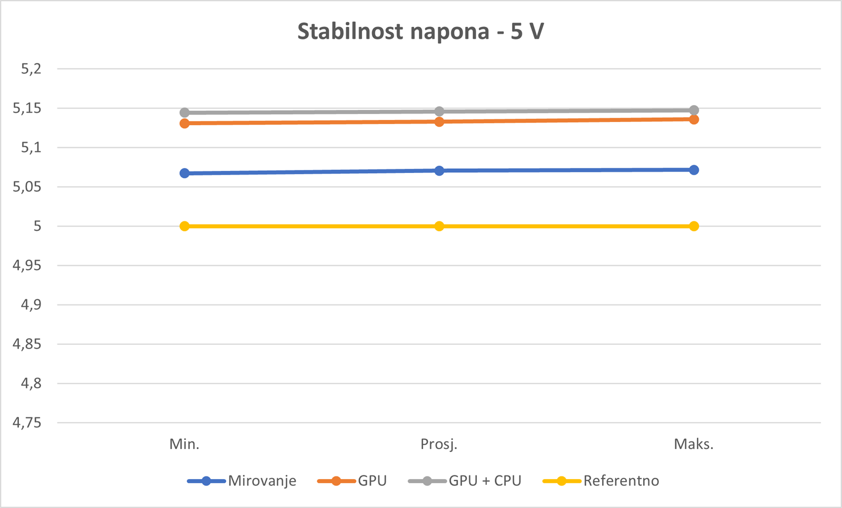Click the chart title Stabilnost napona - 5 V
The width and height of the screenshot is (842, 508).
pyautogui.click(x=420, y=32)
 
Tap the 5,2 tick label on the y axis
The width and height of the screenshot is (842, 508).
pyautogui.click(x=31, y=69)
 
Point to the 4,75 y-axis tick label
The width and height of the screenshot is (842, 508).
pyautogui.click(x=27, y=423)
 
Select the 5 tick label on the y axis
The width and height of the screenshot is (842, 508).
pyautogui.click(x=37, y=226)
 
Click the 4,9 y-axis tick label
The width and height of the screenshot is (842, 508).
pyautogui.click(x=31, y=305)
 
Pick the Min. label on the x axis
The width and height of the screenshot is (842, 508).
pyautogui.click(x=184, y=444)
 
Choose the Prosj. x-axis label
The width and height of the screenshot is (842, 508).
pyautogui.click(x=439, y=444)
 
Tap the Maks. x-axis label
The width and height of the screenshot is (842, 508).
pyautogui.click(x=694, y=444)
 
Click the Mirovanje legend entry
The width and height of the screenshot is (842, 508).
pyautogui.click(x=262, y=481)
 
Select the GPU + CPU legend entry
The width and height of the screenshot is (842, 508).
pyautogui.click(x=485, y=481)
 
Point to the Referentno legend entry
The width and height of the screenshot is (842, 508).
pyautogui.click(x=621, y=481)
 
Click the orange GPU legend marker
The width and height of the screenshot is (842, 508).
pyautogui.click(x=336, y=481)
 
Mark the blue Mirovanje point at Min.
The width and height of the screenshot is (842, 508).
pyautogui.click(x=185, y=173)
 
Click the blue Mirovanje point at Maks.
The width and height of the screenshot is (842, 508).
pyautogui.click(x=694, y=170)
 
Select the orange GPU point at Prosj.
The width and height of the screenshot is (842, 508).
pyautogui.click(x=439, y=122)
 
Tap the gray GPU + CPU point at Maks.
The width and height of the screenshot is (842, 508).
pyautogui.click(x=694, y=110)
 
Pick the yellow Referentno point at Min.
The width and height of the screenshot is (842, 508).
pyautogui.click(x=185, y=226)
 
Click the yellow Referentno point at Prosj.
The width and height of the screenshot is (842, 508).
pyautogui.click(x=439, y=226)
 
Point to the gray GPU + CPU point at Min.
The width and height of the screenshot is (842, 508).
pyautogui.click(x=185, y=113)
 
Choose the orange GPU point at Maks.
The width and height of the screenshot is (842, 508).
pyautogui.click(x=694, y=119)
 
